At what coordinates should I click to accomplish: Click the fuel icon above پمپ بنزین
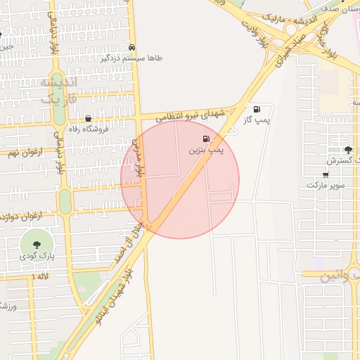(206, 139)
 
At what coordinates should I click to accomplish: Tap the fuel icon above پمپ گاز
(257, 109)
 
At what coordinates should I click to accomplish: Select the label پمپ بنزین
(206, 150)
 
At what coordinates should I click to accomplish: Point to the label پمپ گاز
(258, 120)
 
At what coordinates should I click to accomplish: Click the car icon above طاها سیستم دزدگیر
(133, 47)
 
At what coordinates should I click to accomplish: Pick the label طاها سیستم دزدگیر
(134, 58)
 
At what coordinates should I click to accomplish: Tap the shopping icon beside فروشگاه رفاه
(88, 119)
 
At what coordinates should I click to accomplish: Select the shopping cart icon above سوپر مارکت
(325, 174)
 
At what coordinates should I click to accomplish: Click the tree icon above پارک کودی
(35, 245)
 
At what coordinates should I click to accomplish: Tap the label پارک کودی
(36, 257)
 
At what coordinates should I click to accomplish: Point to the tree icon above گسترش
(348, 149)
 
